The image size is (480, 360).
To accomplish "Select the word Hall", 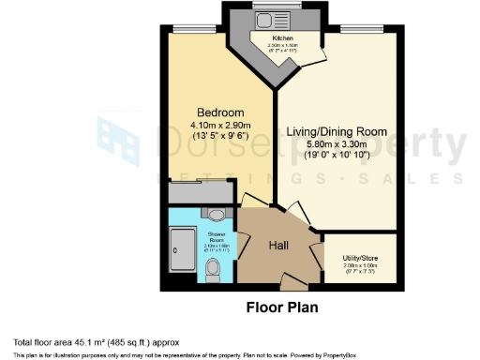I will click(279, 245).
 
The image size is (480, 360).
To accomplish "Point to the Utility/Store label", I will click(358, 258).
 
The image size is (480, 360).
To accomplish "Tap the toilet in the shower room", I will click(212, 270).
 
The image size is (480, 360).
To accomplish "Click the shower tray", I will click(183, 248).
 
